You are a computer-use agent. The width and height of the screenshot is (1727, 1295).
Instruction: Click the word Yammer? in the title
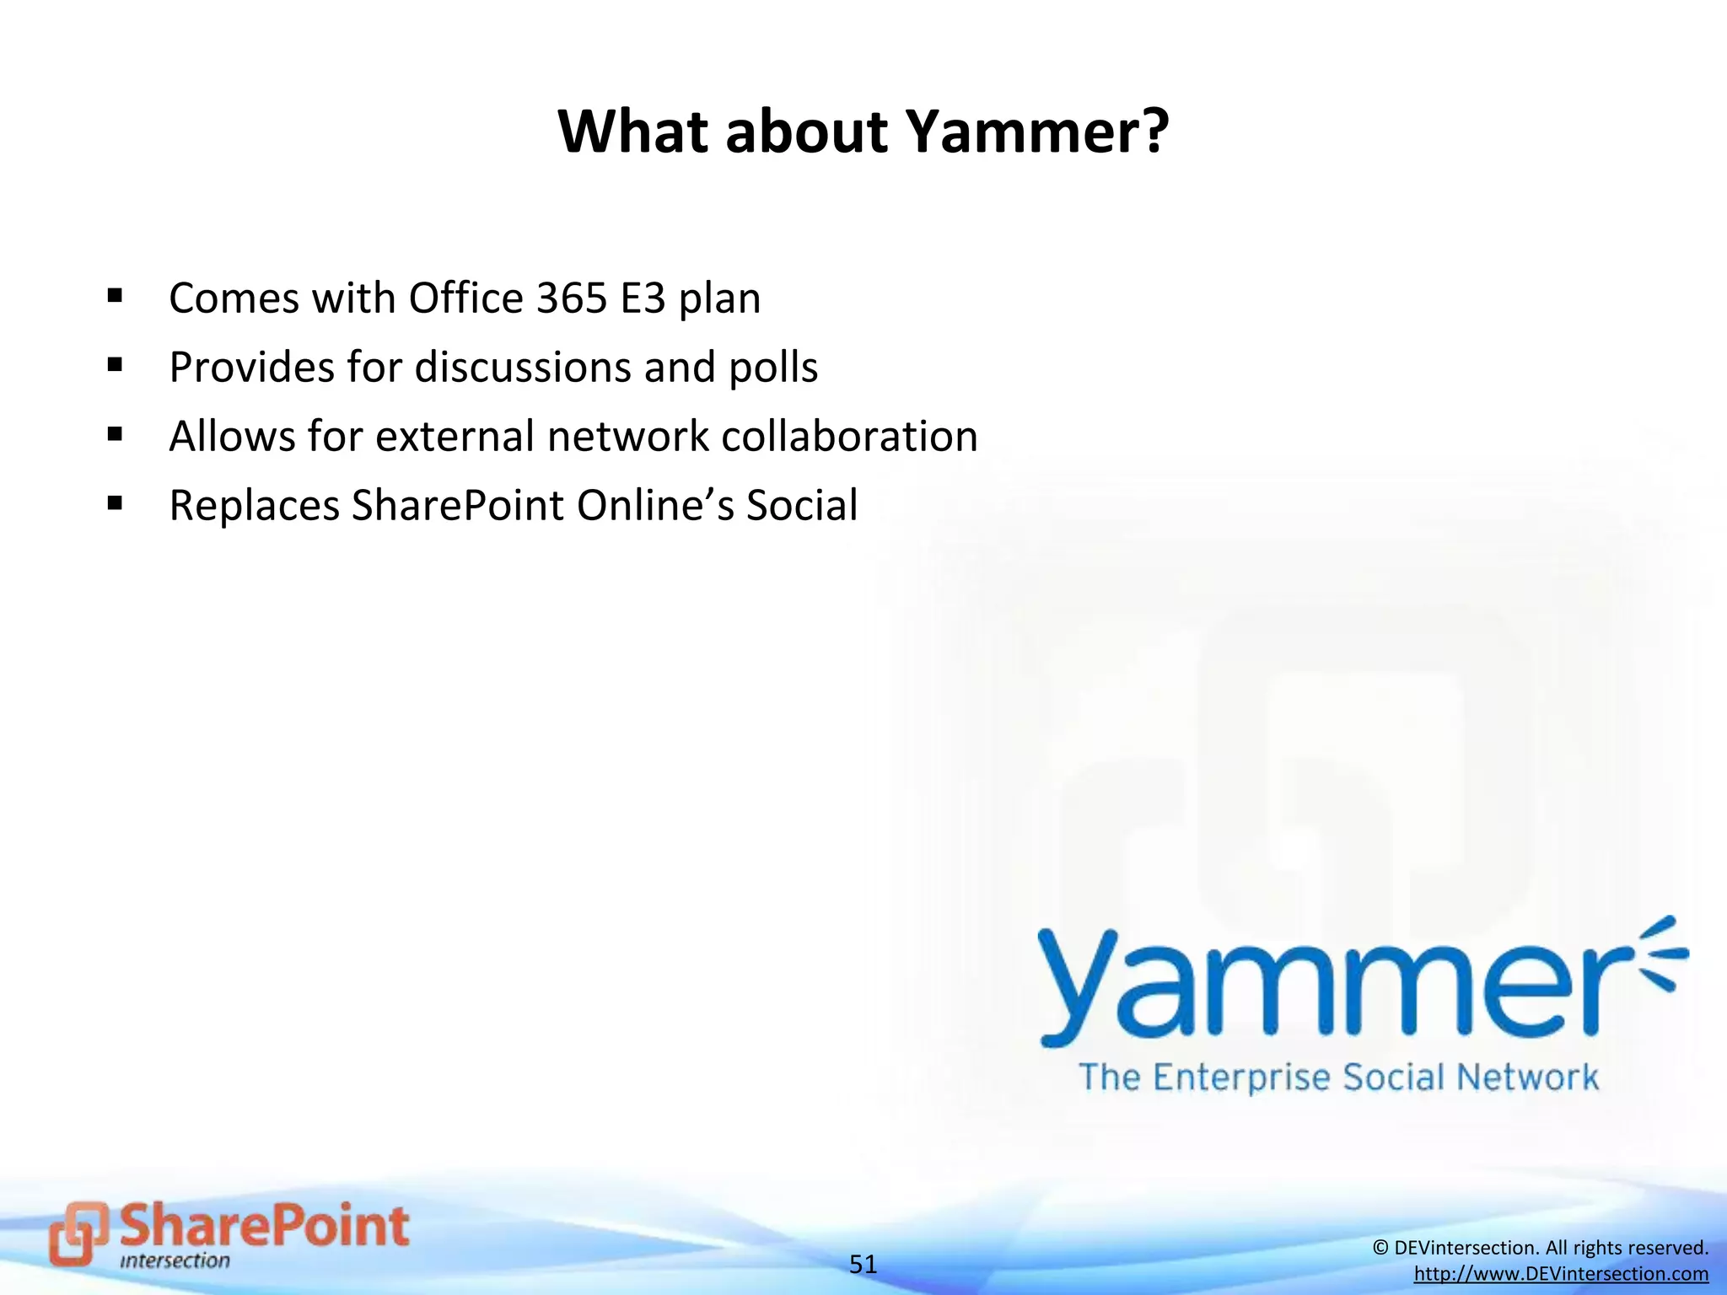point(1037,132)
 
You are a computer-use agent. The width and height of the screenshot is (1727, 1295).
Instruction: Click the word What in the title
point(632,132)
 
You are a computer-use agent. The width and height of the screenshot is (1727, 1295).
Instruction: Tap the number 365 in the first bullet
point(572,298)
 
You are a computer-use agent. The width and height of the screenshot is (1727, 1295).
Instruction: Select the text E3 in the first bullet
point(643,298)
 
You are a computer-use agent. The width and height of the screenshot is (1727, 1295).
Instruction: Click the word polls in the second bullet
point(773,368)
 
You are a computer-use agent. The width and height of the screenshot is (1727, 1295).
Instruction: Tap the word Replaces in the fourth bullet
point(254,506)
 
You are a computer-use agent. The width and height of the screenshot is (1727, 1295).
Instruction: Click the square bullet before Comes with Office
point(116,296)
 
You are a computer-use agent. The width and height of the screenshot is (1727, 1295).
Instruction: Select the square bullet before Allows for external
point(116,434)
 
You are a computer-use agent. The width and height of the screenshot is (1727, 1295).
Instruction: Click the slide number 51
point(863,1264)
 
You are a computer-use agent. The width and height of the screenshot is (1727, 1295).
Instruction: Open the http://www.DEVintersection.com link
point(1561,1274)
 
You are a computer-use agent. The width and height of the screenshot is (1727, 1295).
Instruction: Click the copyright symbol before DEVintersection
point(1380,1248)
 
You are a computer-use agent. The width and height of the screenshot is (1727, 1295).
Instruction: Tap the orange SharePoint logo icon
point(78,1233)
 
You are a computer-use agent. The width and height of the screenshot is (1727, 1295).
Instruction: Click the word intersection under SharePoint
point(175,1261)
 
